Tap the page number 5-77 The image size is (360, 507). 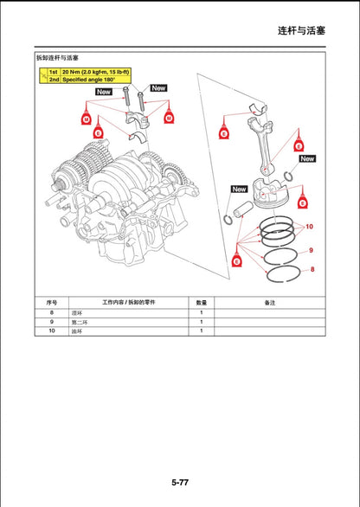(x=180, y=481)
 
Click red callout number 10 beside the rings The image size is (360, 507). (x=309, y=225)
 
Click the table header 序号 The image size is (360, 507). (x=51, y=302)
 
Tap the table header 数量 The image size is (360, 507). (x=201, y=302)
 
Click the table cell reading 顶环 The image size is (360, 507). (x=77, y=311)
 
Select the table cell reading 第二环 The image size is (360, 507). (x=80, y=321)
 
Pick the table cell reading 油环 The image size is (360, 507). (x=77, y=331)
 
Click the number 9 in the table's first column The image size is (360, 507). (x=51, y=321)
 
